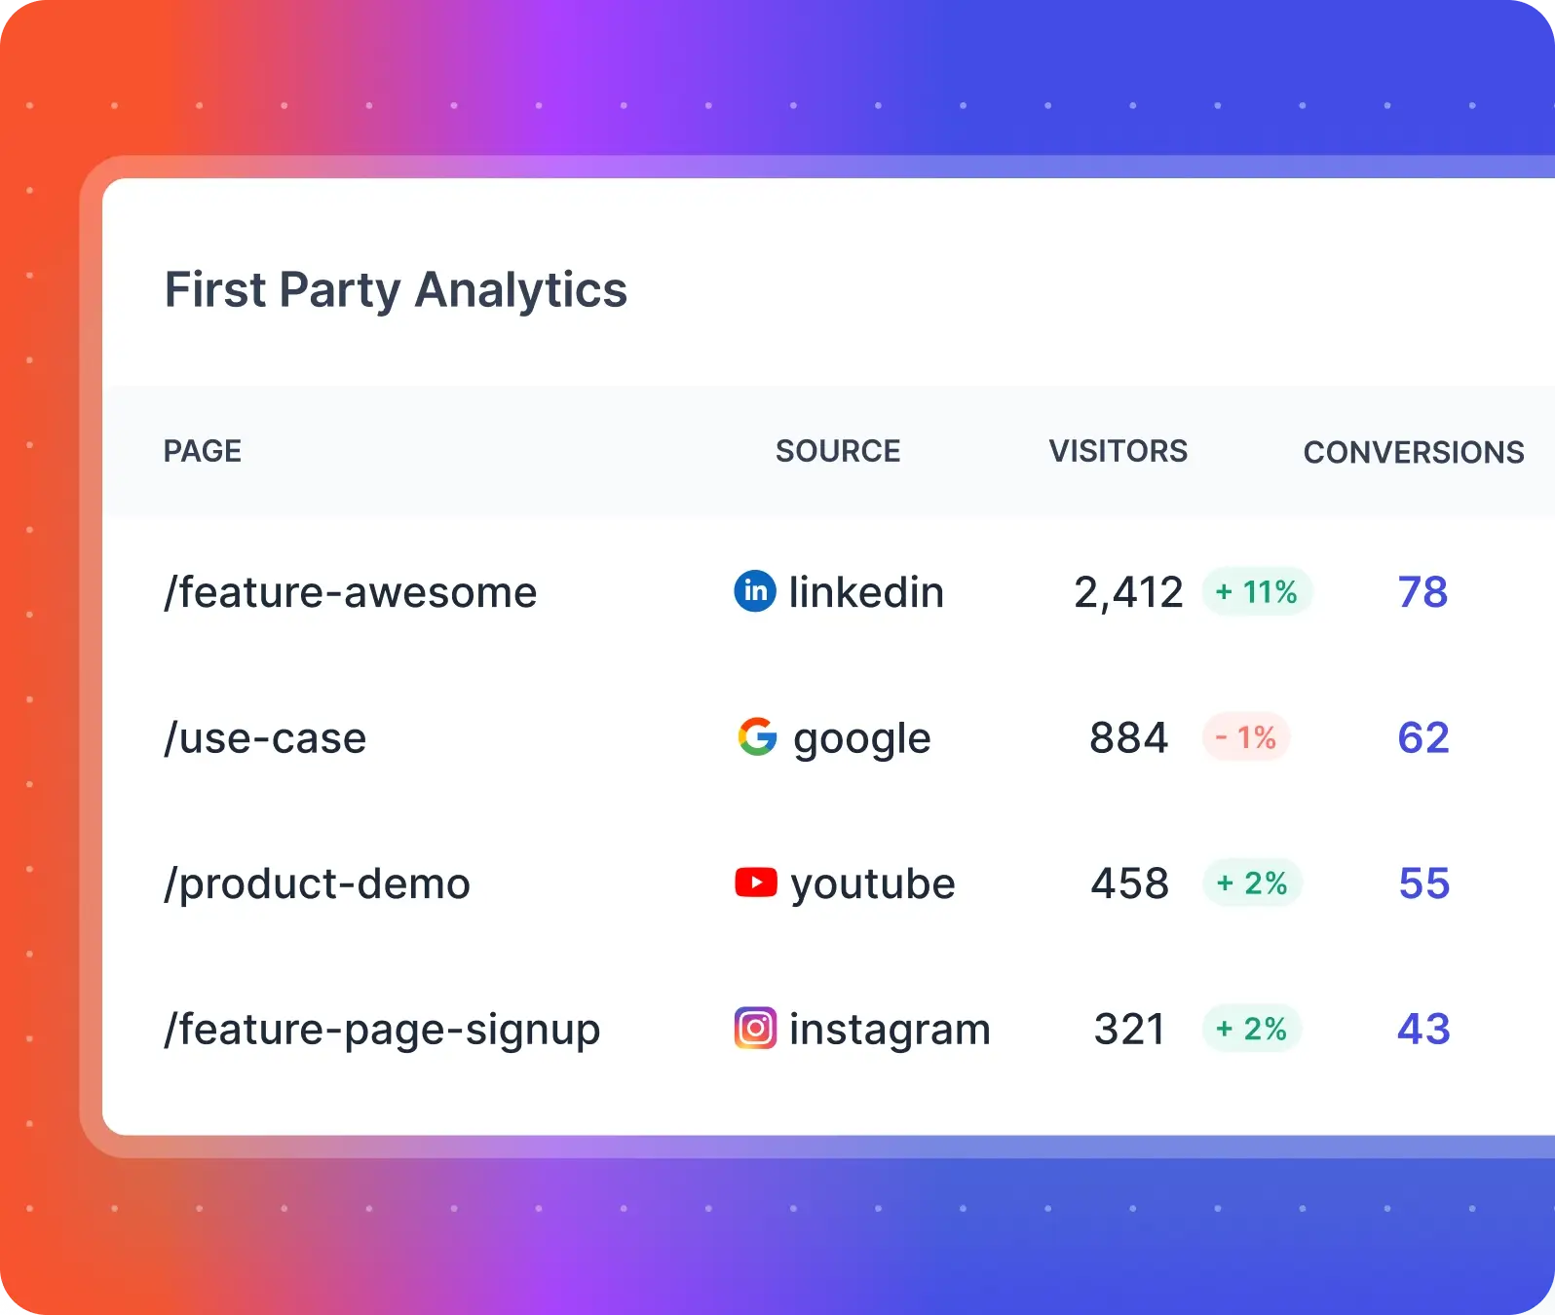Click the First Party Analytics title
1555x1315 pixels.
click(x=396, y=290)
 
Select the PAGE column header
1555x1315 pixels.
click(x=203, y=451)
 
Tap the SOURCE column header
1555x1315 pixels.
click(x=838, y=451)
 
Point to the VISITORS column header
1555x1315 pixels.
click(x=1118, y=451)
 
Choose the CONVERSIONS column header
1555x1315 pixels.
click(x=1413, y=452)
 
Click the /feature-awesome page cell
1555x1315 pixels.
click(x=351, y=592)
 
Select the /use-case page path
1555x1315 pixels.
click(x=265, y=738)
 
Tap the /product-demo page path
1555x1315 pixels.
click(x=318, y=883)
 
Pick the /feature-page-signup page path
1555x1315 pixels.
click(x=382, y=1030)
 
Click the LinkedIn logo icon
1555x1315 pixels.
click(x=755, y=591)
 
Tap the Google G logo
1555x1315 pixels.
click(x=757, y=737)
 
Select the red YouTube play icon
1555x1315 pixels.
click(x=756, y=883)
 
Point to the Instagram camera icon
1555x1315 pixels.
click(x=755, y=1029)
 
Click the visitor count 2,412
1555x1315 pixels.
click(x=1128, y=592)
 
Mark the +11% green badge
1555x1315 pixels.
click(x=1257, y=591)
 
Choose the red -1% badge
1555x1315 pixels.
click(x=1246, y=737)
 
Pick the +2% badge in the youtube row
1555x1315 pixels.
click(x=1252, y=883)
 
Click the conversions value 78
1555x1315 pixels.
click(x=1422, y=592)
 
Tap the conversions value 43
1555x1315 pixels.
click(x=1423, y=1030)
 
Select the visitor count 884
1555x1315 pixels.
click(x=1128, y=738)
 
